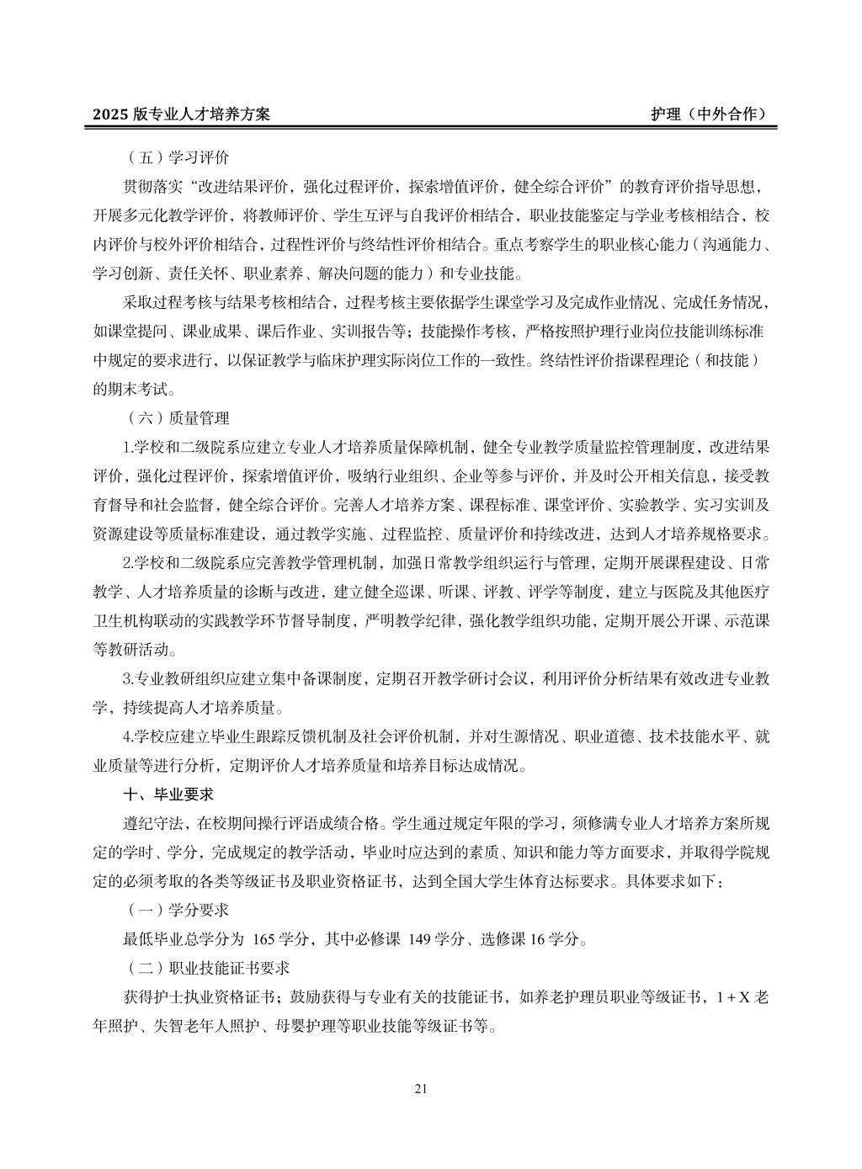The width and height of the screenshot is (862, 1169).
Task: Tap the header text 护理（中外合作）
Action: tap(709, 115)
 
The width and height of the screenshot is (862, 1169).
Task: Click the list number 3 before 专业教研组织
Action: tap(127, 678)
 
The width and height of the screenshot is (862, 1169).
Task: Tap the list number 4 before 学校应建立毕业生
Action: tap(127, 736)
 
